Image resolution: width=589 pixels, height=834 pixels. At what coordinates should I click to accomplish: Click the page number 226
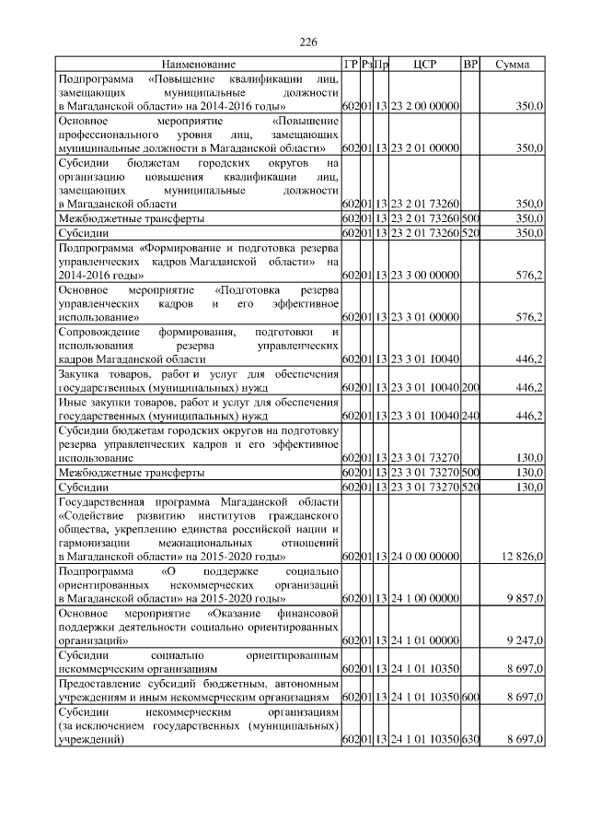click(x=308, y=42)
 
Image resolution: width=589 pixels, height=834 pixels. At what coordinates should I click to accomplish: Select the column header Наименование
click(x=198, y=65)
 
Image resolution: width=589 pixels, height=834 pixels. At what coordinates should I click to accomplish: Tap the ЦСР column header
click(x=424, y=65)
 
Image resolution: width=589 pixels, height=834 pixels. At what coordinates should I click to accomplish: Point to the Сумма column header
click(x=512, y=65)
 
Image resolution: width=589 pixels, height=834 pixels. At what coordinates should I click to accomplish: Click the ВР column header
click(x=470, y=65)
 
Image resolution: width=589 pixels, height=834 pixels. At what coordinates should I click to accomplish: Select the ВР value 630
click(x=470, y=740)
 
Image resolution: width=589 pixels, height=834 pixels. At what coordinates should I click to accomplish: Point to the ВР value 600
click(x=470, y=699)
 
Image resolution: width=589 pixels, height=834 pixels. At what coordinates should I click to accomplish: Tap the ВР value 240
click(x=470, y=416)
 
